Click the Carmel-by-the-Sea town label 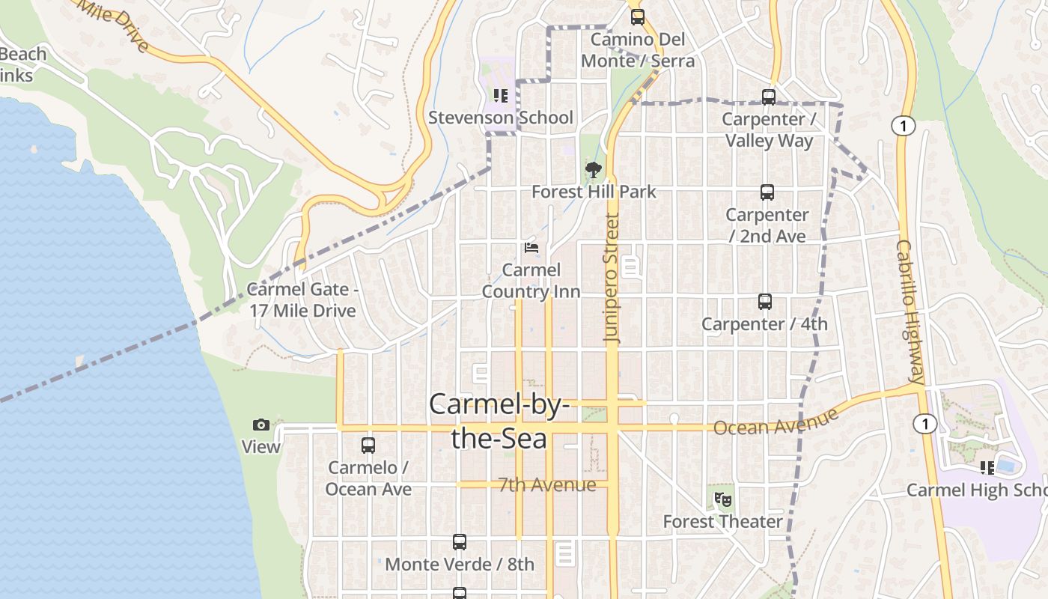499,421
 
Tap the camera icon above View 261,425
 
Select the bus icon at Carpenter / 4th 764,302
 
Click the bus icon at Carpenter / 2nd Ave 767,192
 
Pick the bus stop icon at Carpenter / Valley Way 768,97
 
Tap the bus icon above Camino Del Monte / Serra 637,16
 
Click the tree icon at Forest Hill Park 594,170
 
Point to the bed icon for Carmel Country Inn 531,248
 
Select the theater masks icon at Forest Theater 722,499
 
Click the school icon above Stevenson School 500,96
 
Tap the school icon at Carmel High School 987,468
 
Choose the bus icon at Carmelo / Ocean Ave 368,446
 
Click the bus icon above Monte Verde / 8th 460,542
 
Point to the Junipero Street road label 612,279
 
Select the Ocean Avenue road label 776,422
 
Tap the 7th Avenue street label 547,484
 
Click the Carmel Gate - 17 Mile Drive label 302,299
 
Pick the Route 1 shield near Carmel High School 925,425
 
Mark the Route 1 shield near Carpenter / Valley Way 904,126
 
